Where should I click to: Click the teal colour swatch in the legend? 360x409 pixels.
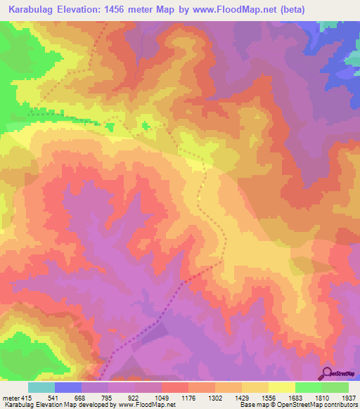pyautogui.click(x=41, y=387)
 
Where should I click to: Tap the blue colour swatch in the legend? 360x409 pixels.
pyautogui.click(x=68, y=387)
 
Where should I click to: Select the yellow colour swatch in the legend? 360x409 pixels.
pyautogui.click(x=282, y=387)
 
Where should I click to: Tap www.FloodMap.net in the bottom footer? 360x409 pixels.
pyautogui.click(x=148, y=405)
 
